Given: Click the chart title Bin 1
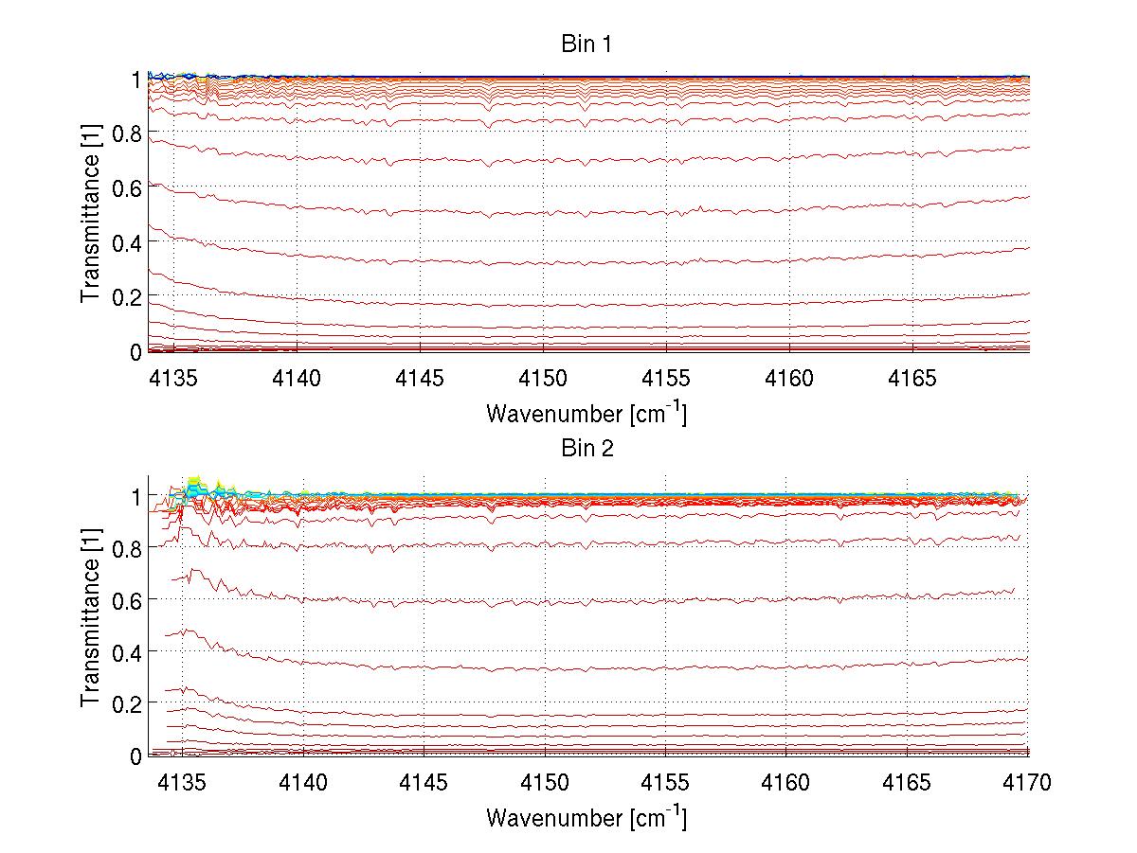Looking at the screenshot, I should [x=587, y=44].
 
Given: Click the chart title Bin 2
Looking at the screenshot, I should [x=587, y=449].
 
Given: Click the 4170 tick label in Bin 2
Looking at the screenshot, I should [x=1028, y=783].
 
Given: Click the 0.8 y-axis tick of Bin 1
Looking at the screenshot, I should [x=129, y=133].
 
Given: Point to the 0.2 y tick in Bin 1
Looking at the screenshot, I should [x=129, y=296].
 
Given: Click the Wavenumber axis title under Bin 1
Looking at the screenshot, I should [x=586, y=413].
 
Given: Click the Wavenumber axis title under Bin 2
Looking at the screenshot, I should [x=586, y=817].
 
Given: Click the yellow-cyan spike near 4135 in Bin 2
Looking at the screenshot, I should [x=195, y=486].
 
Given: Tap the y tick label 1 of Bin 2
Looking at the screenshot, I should [x=136, y=496].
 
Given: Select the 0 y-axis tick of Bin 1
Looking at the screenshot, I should [x=136, y=351].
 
